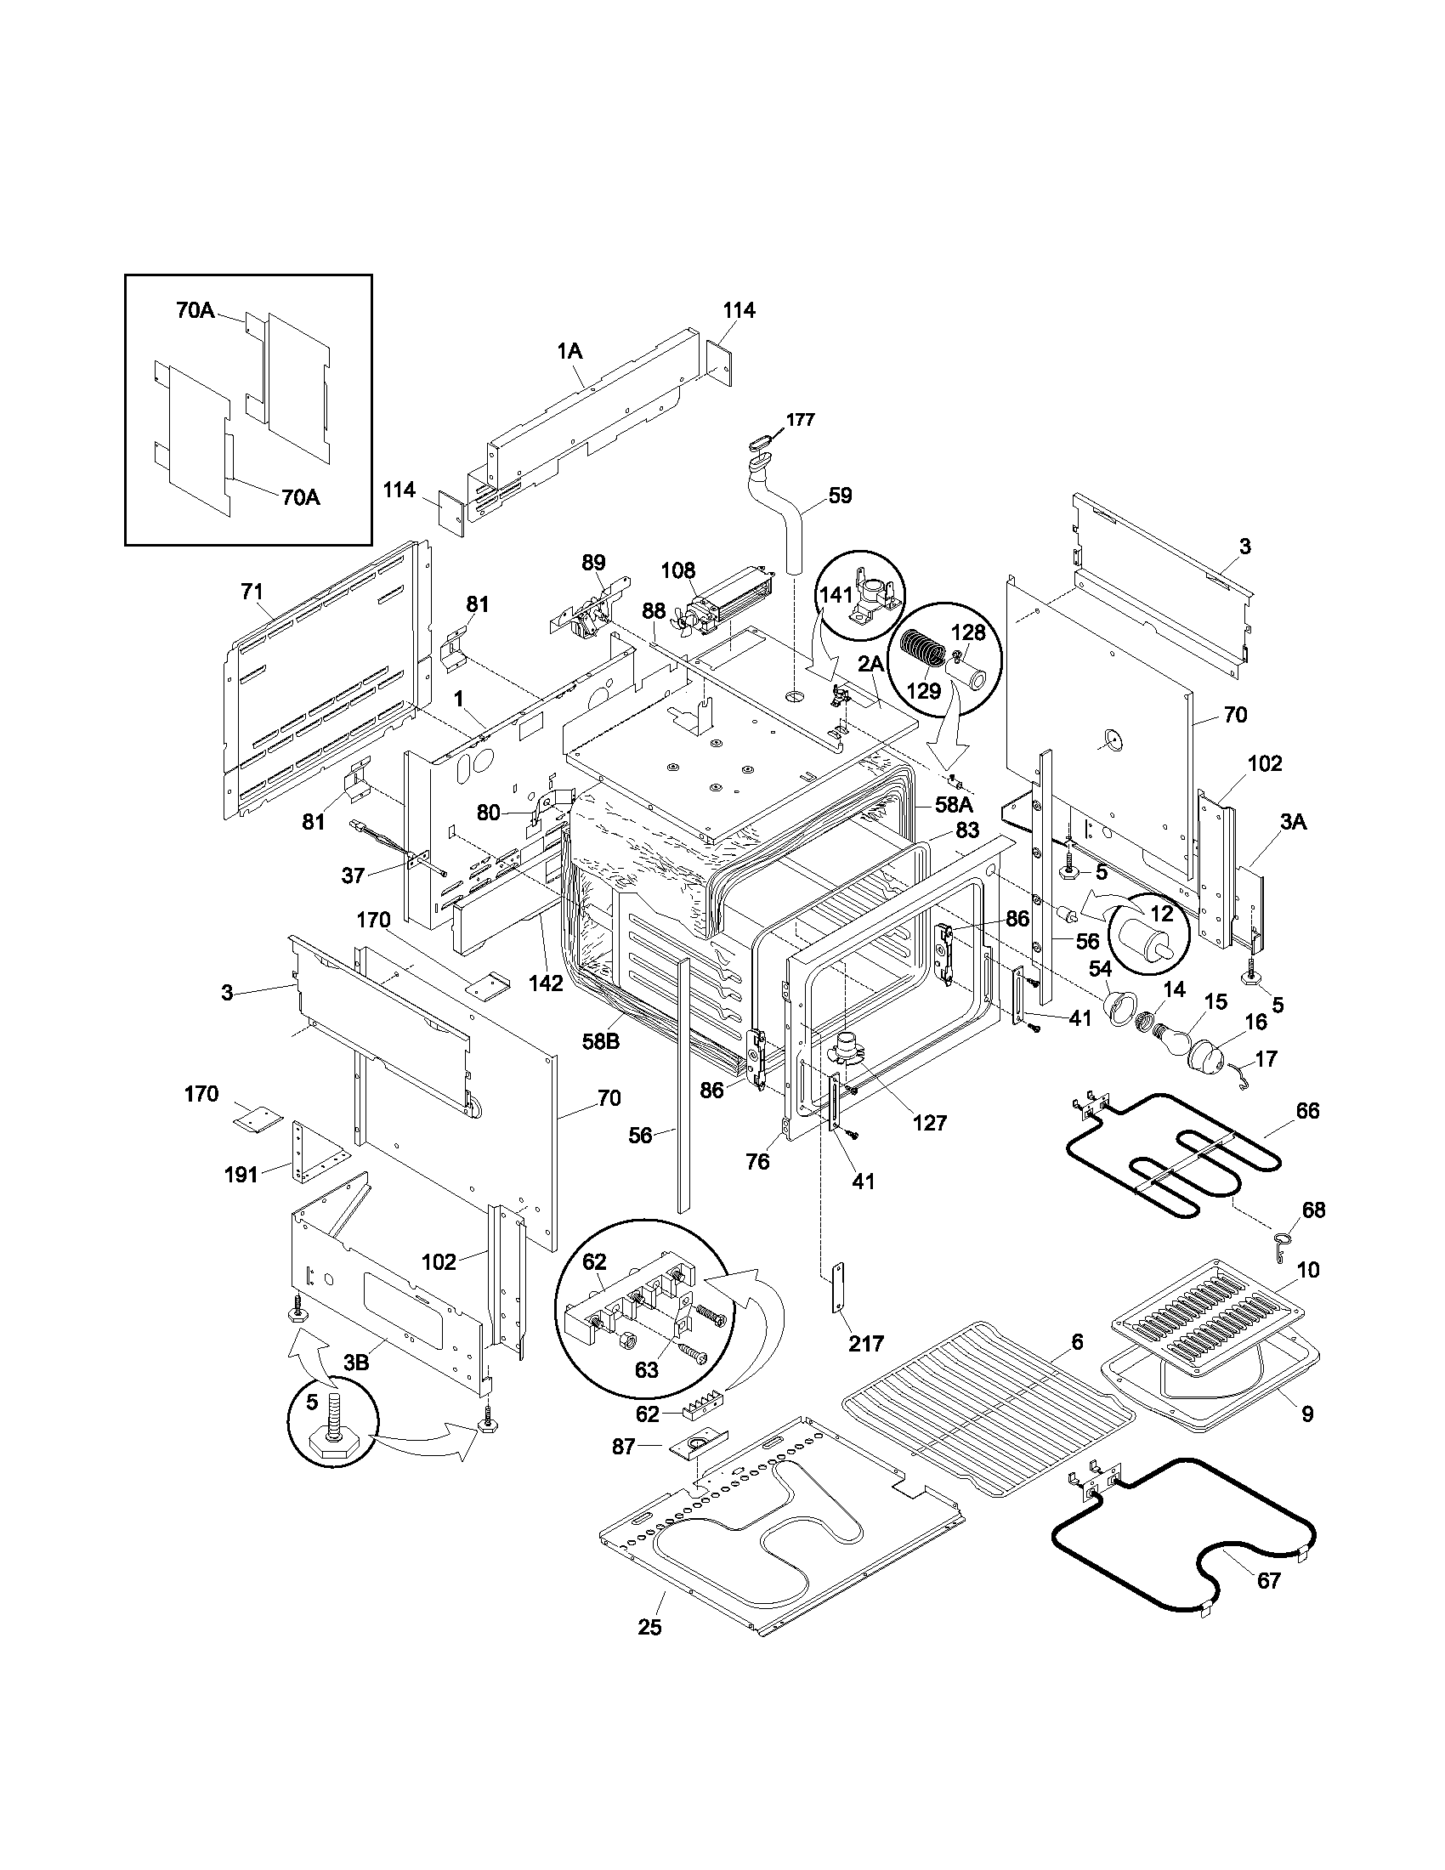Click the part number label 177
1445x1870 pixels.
click(802, 420)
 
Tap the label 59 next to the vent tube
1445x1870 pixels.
click(840, 495)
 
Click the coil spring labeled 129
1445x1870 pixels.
click(920, 656)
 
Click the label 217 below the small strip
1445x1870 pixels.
click(865, 1343)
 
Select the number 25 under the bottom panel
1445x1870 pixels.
click(649, 1627)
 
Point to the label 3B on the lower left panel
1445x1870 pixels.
click(356, 1363)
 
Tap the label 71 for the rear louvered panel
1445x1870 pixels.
click(252, 591)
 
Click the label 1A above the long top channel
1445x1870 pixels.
click(569, 351)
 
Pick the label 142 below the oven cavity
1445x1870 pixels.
click(547, 983)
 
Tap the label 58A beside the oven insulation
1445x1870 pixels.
click(954, 805)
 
